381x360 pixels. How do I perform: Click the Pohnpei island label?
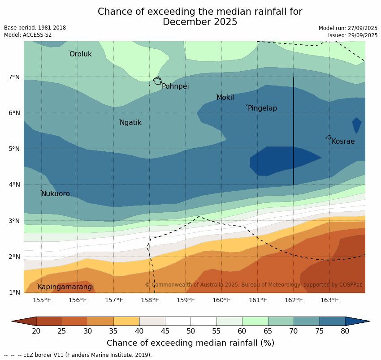pos(175,86)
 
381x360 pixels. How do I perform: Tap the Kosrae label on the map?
pos(343,141)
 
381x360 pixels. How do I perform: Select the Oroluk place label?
pos(81,54)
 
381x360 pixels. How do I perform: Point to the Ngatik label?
pos(130,123)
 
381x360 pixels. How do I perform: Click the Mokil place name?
pos(225,98)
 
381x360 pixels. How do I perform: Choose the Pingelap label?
pos(262,108)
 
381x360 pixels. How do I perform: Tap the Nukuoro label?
pos(56,194)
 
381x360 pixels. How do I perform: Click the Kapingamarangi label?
pos(65,287)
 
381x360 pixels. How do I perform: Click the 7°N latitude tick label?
pos(14,77)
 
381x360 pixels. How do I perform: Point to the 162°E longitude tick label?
pos(294,300)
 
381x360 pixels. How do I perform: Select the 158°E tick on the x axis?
pos(150,300)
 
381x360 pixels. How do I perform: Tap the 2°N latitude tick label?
pos(14,257)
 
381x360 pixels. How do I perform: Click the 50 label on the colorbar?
pos(191,331)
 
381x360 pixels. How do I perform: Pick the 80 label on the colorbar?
pos(345,331)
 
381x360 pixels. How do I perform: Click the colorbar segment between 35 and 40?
pos(126,321)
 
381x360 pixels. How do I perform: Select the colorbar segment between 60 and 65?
pos(255,321)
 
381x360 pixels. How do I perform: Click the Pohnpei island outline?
pos(157,81)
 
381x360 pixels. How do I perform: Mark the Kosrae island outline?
pos(329,137)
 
